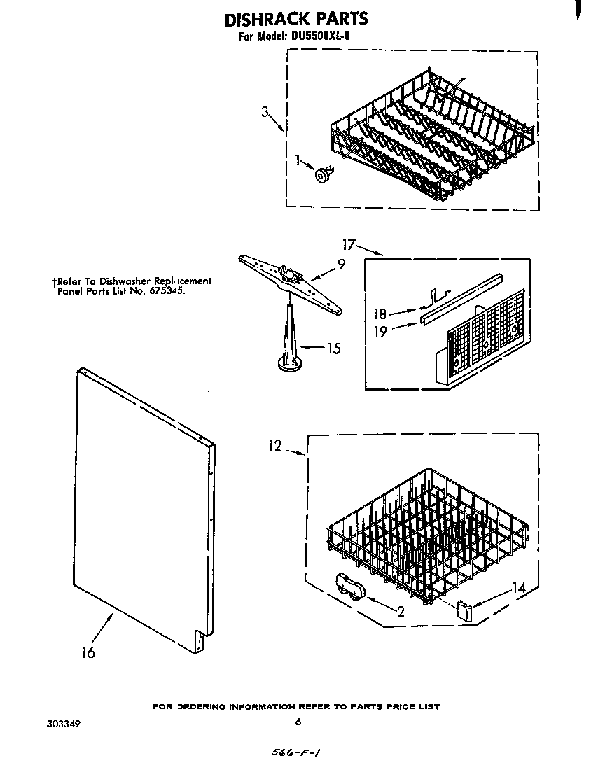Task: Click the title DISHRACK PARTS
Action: coord(296,19)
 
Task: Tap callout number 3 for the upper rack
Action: coord(265,112)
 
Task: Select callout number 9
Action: coord(341,265)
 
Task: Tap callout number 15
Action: coord(334,348)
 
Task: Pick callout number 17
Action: coord(349,244)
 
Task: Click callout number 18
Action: coord(380,314)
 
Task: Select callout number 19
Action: coord(380,331)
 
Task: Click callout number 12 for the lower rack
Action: coord(274,446)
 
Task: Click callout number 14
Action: coord(518,589)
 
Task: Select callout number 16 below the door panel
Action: coord(88,652)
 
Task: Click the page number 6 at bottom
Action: coord(298,722)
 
